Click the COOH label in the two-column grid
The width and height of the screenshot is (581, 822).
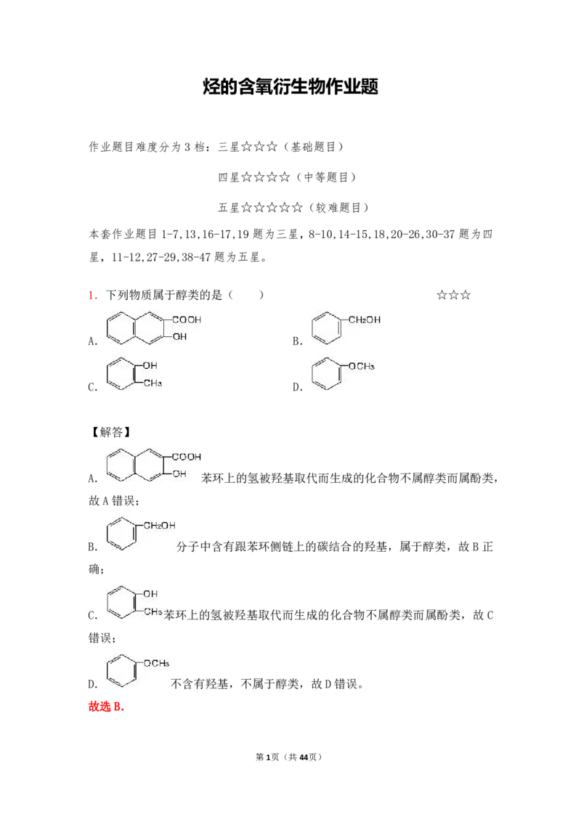click(x=187, y=320)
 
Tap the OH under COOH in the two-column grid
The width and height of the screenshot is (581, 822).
click(x=179, y=337)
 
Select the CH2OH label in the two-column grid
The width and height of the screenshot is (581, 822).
click(x=365, y=320)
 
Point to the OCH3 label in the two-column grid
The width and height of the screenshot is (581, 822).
click(x=362, y=367)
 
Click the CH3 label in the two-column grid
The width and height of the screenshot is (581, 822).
click(x=152, y=383)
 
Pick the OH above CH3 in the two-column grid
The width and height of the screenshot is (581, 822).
click(x=150, y=366)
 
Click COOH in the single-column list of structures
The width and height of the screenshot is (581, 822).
click(x=187, y=457)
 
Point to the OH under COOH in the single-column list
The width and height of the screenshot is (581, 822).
click(x=179, y=473)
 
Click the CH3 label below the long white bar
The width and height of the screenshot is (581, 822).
click(x=152, y=612)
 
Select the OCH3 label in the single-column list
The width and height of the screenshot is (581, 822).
click(x=158, y=663)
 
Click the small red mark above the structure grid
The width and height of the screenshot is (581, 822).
click(x=92, y=296)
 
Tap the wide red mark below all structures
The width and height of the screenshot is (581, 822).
click(x=107, y=707)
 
